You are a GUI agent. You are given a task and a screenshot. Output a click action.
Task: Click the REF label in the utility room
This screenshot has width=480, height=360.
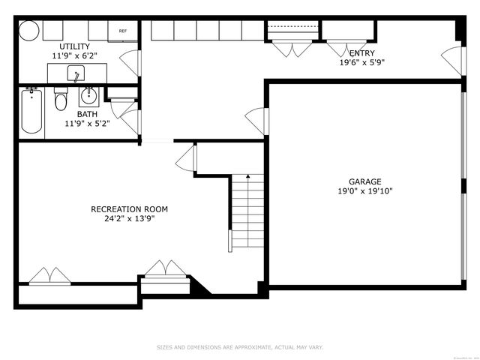coord(123,31)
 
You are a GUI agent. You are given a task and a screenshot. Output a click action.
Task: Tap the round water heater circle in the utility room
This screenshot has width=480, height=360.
coord(28,31)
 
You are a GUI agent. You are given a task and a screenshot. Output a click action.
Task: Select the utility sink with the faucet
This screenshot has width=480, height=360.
coord(76,73)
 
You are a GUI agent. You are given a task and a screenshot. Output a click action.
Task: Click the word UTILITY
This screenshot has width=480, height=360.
coord(74,46)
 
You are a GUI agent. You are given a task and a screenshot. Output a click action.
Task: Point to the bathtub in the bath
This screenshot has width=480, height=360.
coord(31,112)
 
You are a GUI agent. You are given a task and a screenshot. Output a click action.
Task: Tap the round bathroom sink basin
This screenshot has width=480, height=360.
coord(88,95)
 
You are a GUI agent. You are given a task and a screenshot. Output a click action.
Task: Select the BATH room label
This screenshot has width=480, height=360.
coord(87,115)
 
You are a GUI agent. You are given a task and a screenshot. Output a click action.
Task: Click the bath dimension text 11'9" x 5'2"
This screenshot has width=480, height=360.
coord(87,124)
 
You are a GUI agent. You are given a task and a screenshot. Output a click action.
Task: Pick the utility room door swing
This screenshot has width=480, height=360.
coord(132,63)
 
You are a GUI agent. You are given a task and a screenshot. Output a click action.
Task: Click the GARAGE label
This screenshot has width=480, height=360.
coord(364,181)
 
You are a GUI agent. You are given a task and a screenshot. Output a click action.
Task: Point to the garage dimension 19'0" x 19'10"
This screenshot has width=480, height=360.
coord(364,191)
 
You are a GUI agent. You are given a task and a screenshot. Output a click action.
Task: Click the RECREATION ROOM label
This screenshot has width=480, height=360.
coord(129,209)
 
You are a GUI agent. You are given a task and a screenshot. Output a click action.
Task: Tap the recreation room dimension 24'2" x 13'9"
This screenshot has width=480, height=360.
coord(129,219)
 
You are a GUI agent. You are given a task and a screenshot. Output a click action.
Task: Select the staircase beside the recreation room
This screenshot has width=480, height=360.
coord(247,210)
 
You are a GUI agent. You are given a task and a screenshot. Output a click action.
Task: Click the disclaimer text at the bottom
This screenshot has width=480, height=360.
coord(240,347)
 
